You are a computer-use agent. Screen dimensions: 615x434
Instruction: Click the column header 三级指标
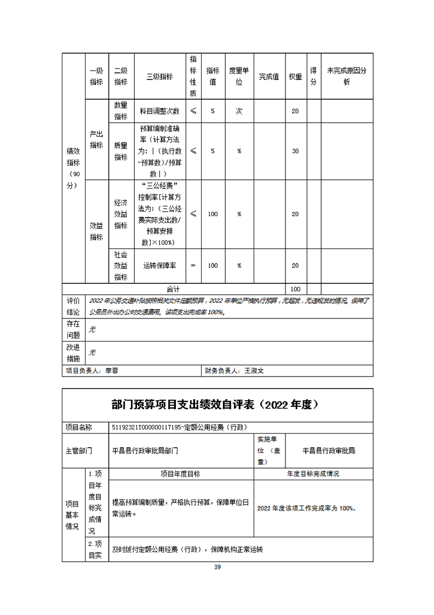[x=159, y=77]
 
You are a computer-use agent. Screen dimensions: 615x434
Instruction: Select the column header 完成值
[x=269, y=77]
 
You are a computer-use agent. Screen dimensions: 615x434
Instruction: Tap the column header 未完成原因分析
[x=346, y=77]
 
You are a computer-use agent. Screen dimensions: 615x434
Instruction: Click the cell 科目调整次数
[x=159, y=111]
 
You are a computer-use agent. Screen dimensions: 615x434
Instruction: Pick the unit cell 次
[x=239, y=111]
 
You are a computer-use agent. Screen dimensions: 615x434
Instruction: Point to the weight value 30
[x=295, y=151]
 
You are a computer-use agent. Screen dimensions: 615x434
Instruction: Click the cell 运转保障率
[x=159, y=265]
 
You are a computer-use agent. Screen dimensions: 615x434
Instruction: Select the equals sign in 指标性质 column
[x=193, y=265]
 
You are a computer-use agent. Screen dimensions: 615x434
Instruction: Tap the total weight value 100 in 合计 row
[x=295, y=288]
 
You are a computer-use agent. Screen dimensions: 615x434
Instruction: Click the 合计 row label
[x=173, y=288]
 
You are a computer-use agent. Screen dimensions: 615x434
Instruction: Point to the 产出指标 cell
[x=96, y=140]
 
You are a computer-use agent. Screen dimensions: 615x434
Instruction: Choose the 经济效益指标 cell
[x=121, y=214]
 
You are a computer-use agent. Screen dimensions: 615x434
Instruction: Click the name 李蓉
[x=112, y=371]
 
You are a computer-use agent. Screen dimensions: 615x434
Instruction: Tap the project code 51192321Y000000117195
[x=146, y=427]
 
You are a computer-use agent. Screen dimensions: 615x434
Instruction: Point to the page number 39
[x=217, y=567]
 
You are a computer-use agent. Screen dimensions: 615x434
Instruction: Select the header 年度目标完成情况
[x=313, y=474]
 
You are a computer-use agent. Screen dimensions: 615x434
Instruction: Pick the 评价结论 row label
[x=73, y=306]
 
